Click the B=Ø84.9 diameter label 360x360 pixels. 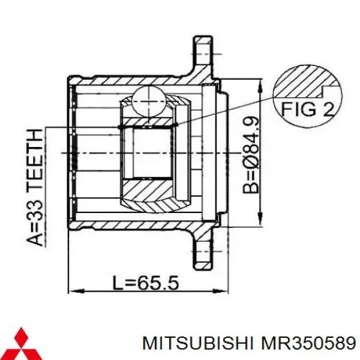[253, 155]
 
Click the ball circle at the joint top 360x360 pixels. [149, 99]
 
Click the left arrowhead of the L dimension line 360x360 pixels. [73, 292]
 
